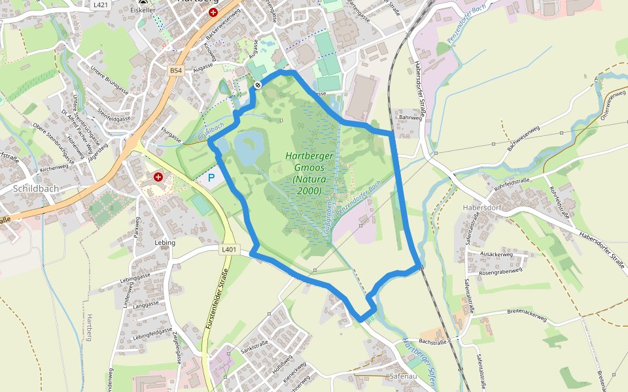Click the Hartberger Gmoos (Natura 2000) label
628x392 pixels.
[309, 173]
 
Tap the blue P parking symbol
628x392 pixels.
[211, 177]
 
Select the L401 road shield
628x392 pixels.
[228, 249]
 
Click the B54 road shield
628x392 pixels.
[175, 70]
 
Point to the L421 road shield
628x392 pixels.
[100, 4]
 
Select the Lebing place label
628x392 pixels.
[165, 242]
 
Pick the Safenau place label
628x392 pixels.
[403, 377]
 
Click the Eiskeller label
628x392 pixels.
[143, 11]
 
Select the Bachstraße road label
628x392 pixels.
[432, 342]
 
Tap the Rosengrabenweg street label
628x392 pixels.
[500, 270]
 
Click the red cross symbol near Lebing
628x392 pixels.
[158, 176]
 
